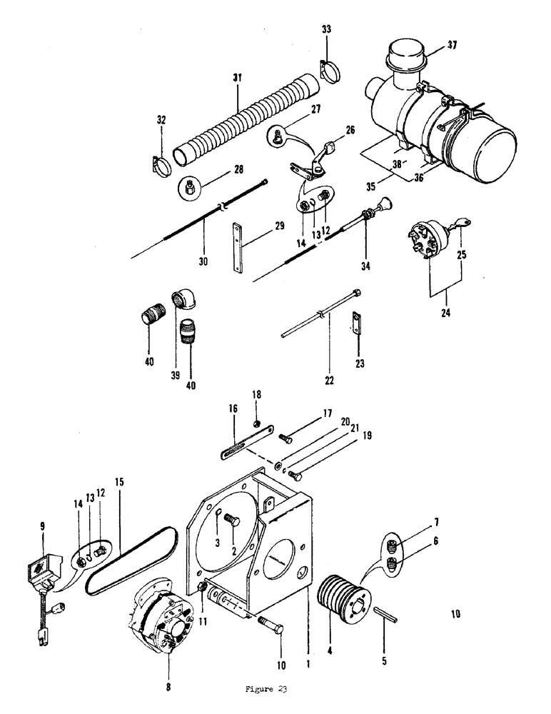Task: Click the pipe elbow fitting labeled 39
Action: click(181, 301)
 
